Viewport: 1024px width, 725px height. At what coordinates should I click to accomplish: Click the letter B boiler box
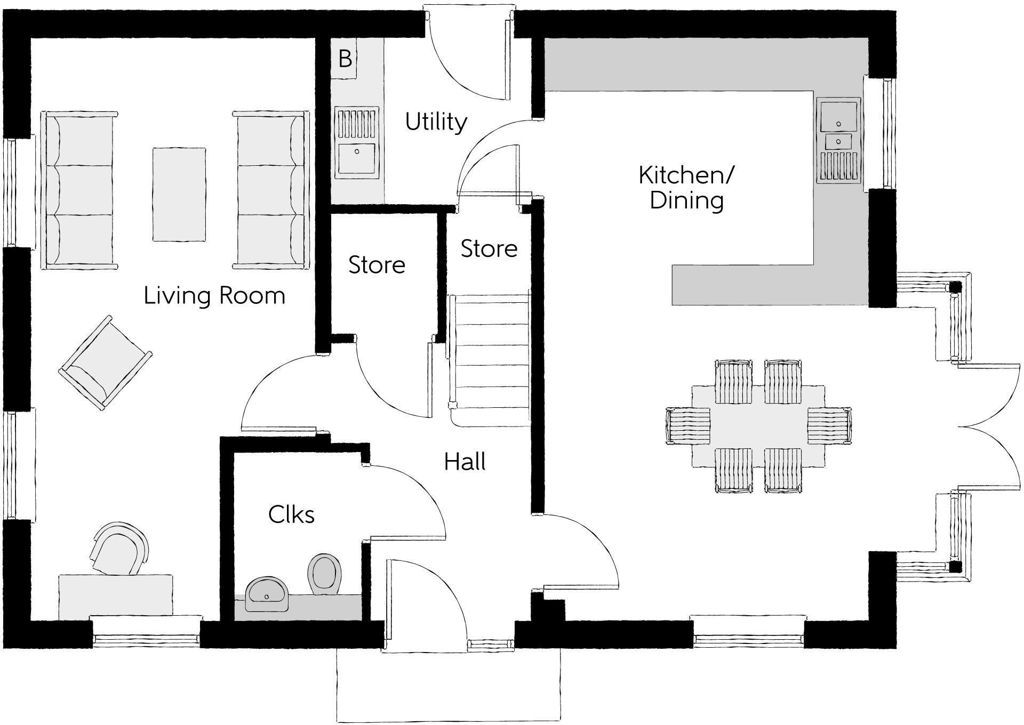pos(345,59)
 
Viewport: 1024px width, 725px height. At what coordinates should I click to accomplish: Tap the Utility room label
pos(436,122)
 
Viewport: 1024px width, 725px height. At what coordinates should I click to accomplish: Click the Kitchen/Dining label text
pos(686,188)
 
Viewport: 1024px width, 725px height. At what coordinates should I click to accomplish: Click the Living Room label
pos(214,295)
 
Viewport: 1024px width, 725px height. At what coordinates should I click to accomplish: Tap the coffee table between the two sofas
pos(179,195)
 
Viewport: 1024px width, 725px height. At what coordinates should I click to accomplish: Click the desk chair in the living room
pos(119,549)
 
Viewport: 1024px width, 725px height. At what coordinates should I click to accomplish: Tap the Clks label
pos(291,514)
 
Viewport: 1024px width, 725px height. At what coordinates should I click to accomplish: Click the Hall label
pos(465,462)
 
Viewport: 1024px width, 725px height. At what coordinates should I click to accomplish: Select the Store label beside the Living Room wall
pos(377,265)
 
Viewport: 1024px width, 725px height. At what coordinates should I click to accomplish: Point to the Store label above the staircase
pos(489,249)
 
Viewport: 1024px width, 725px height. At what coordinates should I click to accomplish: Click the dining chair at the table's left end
pos(688,426)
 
